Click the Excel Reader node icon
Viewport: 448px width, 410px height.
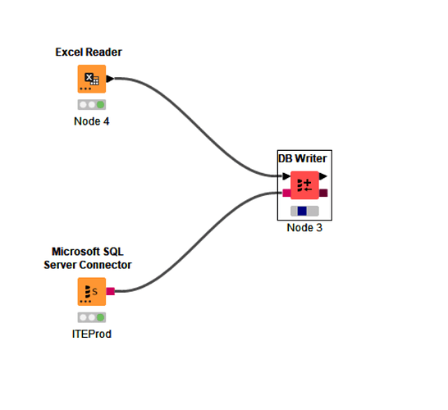(92, 79)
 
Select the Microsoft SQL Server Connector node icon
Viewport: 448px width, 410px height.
(92, 292)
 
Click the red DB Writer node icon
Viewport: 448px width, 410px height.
(304, 185)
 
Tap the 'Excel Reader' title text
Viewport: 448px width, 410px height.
(89, 52)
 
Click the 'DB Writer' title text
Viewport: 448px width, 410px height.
(302, 158)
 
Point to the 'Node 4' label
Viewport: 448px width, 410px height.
(91, 121)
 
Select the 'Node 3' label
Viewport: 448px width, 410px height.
(304, 228)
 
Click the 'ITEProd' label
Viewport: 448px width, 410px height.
(92, 334)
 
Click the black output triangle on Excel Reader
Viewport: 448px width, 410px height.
(110, 79)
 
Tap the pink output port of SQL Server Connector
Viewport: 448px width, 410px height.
(110, 291)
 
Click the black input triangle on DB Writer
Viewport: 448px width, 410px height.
(286, 176)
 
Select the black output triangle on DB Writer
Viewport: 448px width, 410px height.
(322, 176)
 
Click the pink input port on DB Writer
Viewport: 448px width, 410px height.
(286, 193)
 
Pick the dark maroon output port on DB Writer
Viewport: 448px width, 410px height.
(323, 193)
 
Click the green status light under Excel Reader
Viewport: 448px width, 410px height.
(100, 105)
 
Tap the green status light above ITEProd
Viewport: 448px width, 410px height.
(100, 317)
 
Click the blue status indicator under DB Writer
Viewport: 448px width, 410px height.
(302, 211)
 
